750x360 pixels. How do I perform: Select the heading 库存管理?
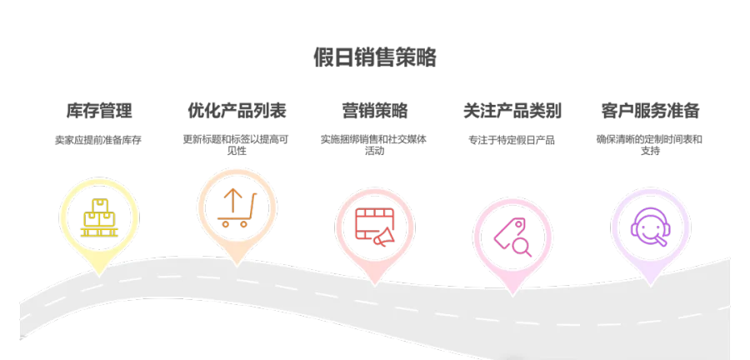pyautogui.click(x=100, y=111)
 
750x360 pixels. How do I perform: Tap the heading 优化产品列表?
pyautogui.click(x=237, y=111)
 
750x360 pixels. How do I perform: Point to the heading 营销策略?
pyautogui.click(x=375, y=111)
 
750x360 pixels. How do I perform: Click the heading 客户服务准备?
pyautogui.click(x=650, y=111)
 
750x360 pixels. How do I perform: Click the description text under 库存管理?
pyautogui.click(x=100, y=140)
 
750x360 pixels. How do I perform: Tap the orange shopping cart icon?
pyautogui.click(x=237, y=207)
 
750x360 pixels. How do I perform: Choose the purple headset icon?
pyautogui.click(x=650, y=225)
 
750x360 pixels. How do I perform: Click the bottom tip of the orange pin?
pyautogui.click(x=237, y=265)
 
